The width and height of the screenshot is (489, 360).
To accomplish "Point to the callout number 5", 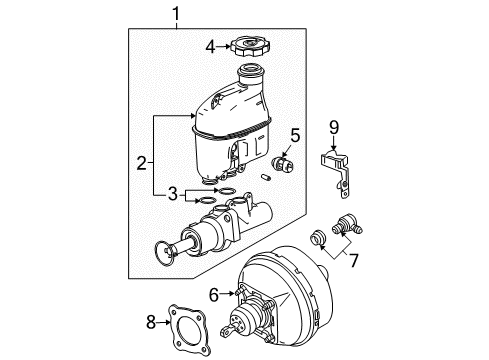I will tap(295, 133).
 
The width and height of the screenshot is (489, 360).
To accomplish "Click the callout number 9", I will tap(333, 126).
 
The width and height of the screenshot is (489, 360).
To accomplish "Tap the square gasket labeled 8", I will tap(188, 321).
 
